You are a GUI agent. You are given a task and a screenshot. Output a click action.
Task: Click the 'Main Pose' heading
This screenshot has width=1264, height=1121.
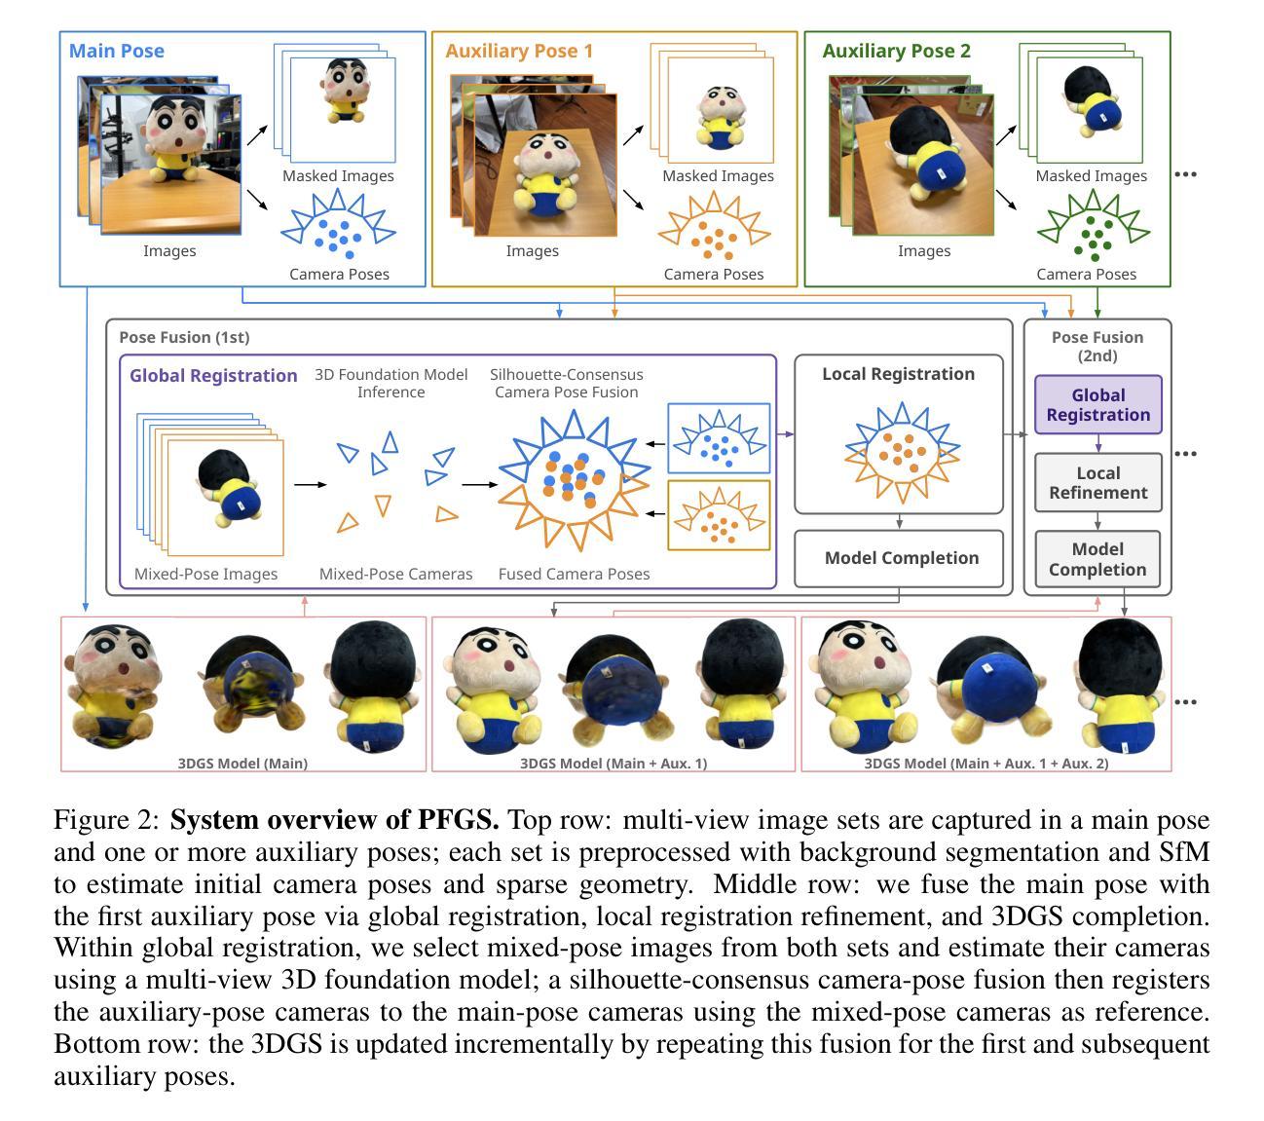point(116,51)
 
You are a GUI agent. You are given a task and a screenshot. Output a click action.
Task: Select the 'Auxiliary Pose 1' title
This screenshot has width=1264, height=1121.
point(518,51)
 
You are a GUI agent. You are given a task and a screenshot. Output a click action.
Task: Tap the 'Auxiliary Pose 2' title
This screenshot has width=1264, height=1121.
point(896,51)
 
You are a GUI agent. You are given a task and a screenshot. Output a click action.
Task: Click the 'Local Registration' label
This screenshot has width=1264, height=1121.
point(898,374)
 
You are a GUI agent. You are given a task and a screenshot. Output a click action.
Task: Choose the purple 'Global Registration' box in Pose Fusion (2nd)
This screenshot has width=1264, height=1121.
point(1097,405)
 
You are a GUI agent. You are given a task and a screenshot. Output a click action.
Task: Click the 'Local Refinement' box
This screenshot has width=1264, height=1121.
point(1097,483)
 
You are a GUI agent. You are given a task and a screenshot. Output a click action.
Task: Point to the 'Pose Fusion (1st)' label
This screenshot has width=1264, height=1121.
point(184,337)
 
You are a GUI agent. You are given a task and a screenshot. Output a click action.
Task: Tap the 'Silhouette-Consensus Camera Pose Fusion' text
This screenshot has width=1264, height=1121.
point(566,383)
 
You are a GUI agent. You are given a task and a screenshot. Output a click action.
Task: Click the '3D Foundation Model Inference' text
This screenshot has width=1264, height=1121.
point(390,383)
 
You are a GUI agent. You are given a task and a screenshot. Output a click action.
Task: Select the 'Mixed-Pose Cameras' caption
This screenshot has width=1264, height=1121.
point(395,574)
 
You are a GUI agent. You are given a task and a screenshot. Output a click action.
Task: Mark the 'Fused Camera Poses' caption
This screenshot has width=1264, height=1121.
point(574,574)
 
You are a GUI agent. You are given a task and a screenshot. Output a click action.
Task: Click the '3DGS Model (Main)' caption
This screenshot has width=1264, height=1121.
point(242,763)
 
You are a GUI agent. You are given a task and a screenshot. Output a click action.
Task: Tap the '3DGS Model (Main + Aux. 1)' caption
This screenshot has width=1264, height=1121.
point(613,763)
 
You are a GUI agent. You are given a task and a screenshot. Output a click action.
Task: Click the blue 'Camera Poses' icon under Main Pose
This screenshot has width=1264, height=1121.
point(338,227)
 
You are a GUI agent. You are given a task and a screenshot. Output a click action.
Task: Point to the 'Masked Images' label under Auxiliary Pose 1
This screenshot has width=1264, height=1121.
point(718,176)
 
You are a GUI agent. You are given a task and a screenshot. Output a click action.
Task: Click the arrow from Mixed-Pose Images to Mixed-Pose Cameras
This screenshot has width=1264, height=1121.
point(310,483)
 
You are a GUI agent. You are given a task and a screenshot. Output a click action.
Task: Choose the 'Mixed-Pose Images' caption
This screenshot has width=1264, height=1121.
point(205,574)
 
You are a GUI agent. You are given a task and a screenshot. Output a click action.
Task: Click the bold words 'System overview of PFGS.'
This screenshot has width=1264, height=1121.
point(334,820)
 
